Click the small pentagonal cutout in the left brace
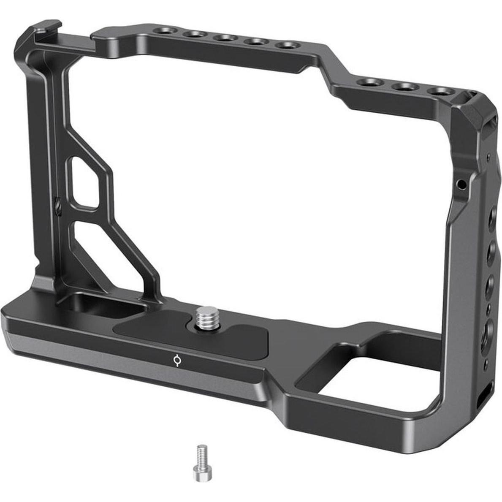[x=86, y=182]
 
